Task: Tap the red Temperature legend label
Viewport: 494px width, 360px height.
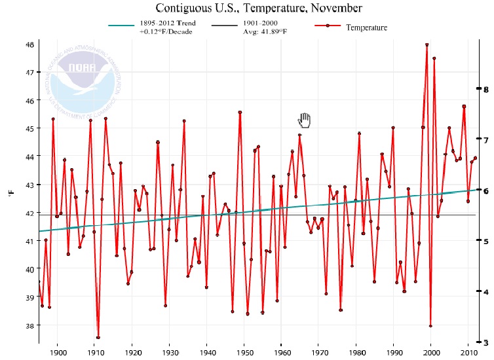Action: [366, 27]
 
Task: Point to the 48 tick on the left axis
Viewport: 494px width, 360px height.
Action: [29, 45]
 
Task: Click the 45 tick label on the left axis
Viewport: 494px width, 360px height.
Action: [29, 129]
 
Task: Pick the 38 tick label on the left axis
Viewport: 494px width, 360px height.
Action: [29, 325]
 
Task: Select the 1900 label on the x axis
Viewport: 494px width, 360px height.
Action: [58, 351]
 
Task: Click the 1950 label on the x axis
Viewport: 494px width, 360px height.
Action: [244, 351]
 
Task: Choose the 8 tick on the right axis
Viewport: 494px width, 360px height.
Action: [485, 89]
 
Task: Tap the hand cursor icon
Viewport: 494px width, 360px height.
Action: [305, 120]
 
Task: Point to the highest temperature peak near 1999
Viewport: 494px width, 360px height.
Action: [427, 45]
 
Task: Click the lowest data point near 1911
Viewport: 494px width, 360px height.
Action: [98, 338]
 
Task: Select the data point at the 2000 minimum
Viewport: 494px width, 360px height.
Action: [430, 326]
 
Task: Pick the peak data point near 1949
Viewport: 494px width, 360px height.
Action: [240, 112]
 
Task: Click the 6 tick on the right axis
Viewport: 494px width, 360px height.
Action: [485, 190]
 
